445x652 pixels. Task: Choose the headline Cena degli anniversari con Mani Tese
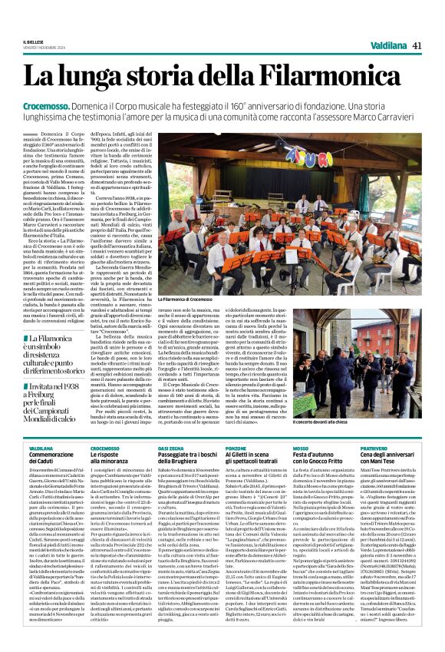tap(407, 457)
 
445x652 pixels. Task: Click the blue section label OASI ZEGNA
tap(192, 446)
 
